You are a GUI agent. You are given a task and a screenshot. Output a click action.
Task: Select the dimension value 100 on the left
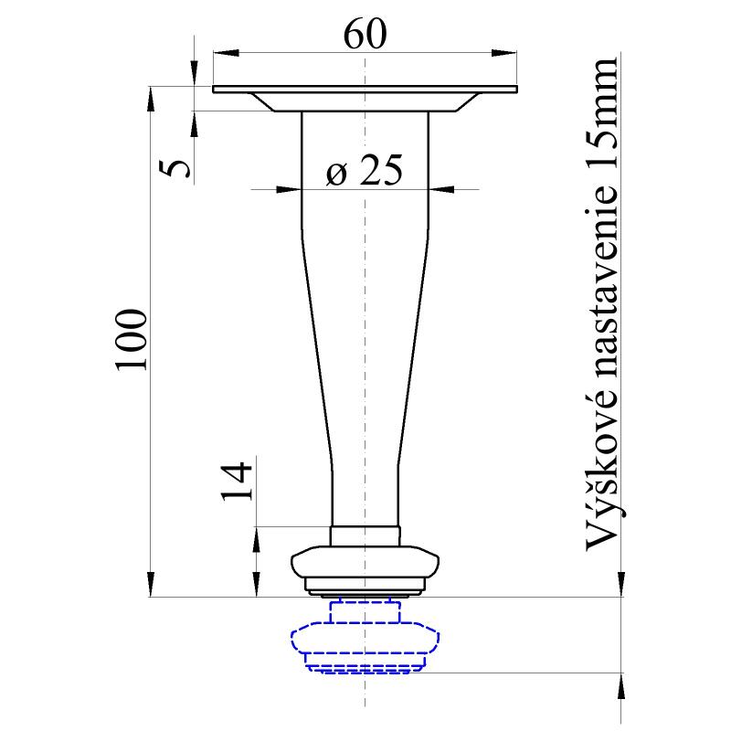(132, 340)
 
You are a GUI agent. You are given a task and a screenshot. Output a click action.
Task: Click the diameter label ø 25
(364, 171)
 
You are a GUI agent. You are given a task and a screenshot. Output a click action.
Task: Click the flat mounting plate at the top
(365, 89)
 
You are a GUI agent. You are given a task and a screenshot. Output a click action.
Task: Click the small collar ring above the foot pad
(365, 535)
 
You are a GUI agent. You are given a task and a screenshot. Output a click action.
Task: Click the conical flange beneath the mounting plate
(365, 101)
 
